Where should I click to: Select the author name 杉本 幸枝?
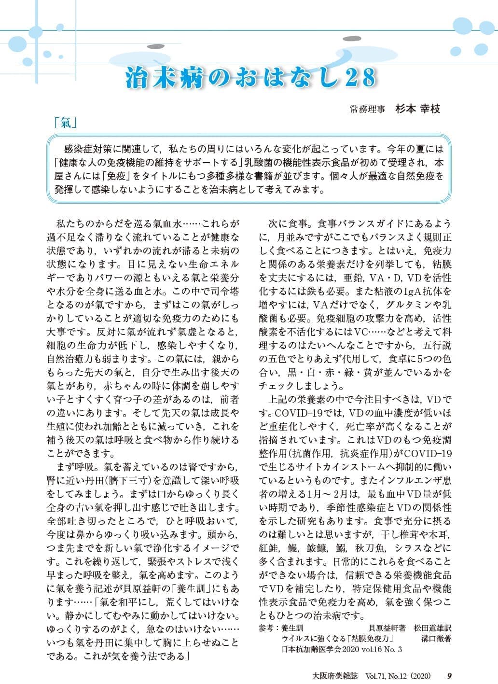[417, 109]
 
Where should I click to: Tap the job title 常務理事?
[368, 110]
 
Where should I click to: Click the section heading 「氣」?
[66, 124]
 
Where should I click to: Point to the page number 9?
[449, 675]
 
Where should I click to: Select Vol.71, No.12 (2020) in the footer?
[398, 675]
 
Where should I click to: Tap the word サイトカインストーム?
[330, 467]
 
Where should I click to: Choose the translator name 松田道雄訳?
[432, 628]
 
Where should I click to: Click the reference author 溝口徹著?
[436, 638]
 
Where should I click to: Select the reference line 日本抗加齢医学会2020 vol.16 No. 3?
[341, 649]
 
